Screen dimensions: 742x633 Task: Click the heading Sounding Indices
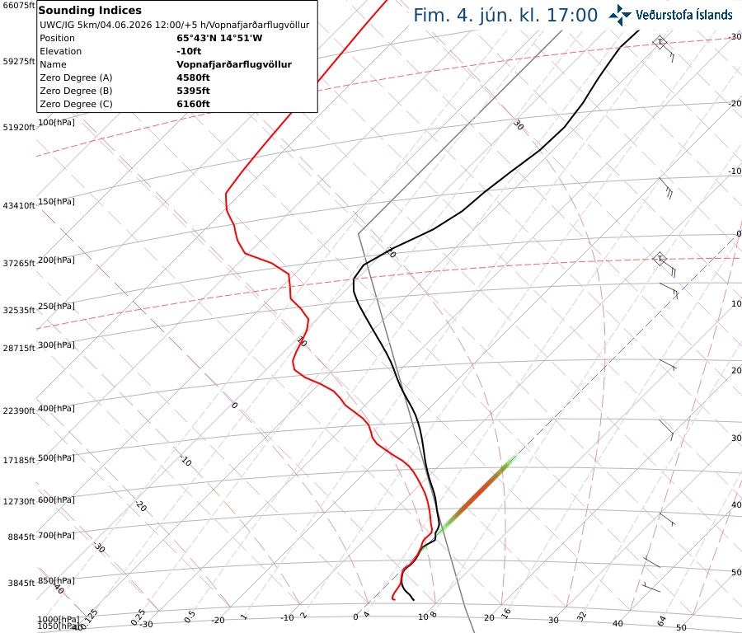[x=90, y=11]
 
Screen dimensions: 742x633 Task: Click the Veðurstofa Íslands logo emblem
[x=620, y=15]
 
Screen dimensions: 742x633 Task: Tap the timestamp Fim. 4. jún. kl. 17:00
[x=505, y=15]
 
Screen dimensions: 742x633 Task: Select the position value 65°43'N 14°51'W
[x=219, y=38]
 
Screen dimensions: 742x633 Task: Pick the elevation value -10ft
[x=189, y=51]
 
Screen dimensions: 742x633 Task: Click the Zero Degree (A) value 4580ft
[x=193, y=77]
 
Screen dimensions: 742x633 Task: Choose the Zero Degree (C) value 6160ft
[x=193, y=104]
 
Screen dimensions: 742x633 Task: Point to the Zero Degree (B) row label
[x=76, y=91]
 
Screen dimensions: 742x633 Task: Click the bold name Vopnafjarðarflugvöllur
[x=234, y=64]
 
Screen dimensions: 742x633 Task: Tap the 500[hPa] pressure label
[x=56, y=458]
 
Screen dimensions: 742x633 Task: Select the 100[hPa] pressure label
[x=56, y=123]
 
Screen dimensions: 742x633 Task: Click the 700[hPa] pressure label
[x=56, y=535]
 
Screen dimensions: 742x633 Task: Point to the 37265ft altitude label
[x=19, y=263]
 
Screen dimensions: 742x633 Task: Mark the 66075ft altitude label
[x=19, y=5]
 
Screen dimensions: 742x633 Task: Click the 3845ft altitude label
[x=21, y=583]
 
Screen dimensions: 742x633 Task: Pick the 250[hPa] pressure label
[x=56, y=306]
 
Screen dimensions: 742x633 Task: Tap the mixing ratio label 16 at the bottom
[x=506, y=613]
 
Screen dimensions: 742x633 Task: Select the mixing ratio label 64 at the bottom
[x=661, y=621]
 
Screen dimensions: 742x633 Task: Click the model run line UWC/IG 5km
[x=174, y=25]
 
